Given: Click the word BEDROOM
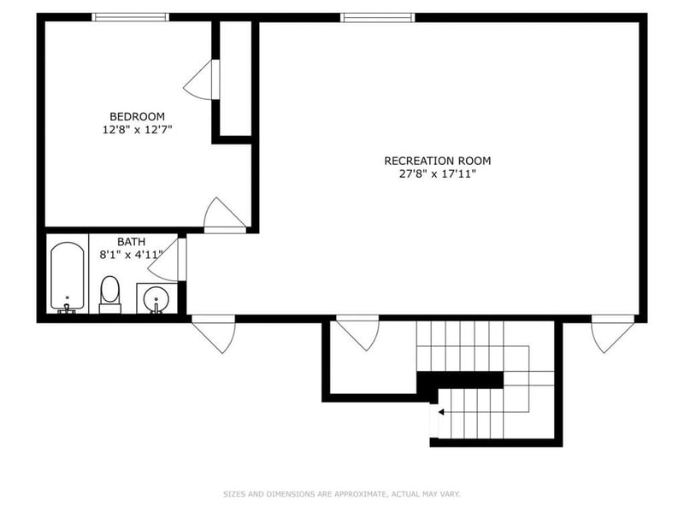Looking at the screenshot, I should click(137, 116).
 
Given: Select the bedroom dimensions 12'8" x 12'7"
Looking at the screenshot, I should click(137, 130).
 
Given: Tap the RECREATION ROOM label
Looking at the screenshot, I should click(437, 160).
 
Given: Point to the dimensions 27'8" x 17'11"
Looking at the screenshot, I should click(437, 174).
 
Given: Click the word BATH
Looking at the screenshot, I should click(131, 242).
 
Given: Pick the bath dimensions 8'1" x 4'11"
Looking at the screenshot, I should click(131, 254).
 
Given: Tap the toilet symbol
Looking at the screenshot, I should click(110, 293).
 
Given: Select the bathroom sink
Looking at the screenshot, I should click(155, 299).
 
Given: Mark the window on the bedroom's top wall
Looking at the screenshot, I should click(131, 17).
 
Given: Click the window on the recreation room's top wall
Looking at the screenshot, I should click(378, 17).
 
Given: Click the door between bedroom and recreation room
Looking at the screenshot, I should click(224, 215).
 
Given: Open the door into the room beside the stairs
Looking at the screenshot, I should click(357, 332).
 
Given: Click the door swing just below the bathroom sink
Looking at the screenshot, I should click(213, 333).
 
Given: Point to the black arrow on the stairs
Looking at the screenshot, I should click(441, 411).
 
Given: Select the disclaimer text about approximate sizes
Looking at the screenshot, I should click(342, 493).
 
